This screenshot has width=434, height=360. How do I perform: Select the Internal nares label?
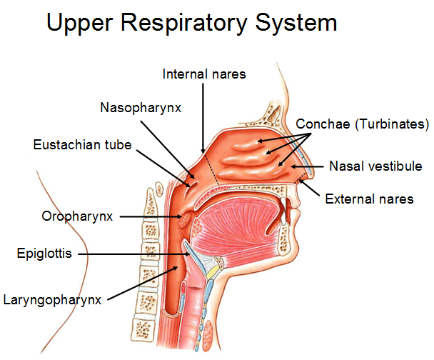click(x=205, y=74)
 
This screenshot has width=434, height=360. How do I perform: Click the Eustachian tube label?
click(x=83, y=145)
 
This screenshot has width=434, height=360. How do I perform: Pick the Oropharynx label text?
click(x=77, y=216)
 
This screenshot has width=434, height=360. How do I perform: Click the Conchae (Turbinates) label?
click(x=362, y=123)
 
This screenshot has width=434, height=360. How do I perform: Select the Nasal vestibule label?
click(x=375, y=166)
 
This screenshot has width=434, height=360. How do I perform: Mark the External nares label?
click(x=369, y=199)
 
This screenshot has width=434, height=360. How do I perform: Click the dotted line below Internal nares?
click(x=212, y=168)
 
